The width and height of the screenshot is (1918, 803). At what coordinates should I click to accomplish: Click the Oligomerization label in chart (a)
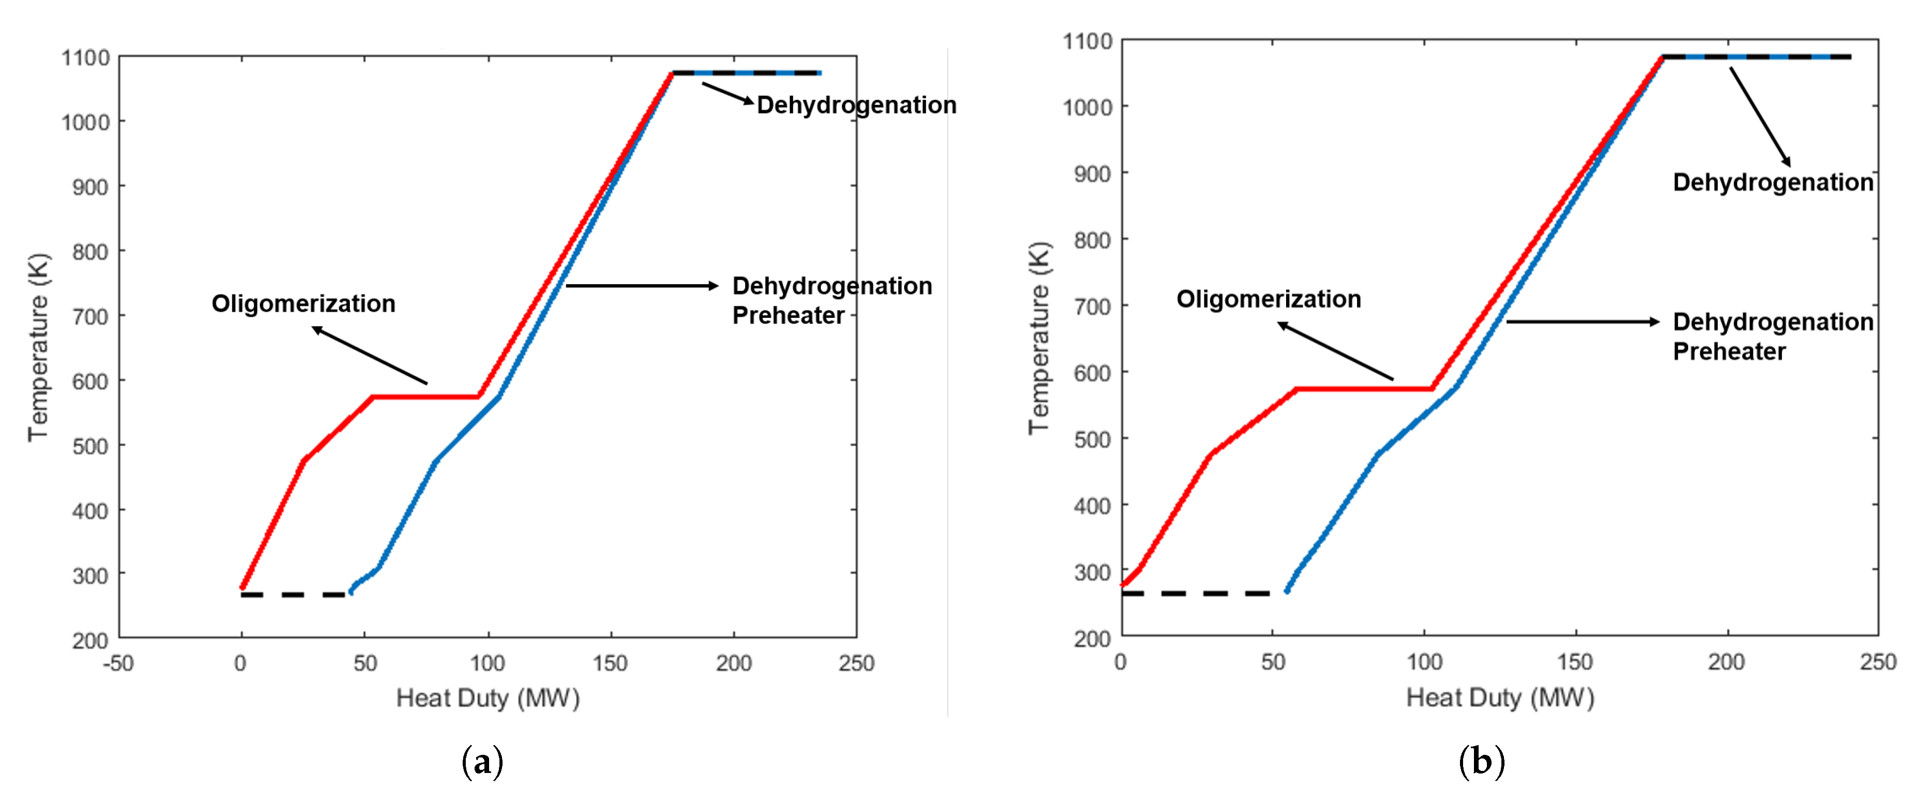[x=303, y=304]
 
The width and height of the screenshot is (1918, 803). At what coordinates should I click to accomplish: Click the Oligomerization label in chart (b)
[x=1268, y=299]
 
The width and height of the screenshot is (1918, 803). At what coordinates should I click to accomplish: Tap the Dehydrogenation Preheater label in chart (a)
[x=831, y=300]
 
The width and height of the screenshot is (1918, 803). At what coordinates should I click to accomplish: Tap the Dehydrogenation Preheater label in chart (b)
[x=1772, y=336]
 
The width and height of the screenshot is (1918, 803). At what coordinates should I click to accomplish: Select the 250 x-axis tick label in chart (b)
[x=1877, y=662]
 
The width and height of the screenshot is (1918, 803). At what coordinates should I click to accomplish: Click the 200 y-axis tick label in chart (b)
[x=1093, y=638]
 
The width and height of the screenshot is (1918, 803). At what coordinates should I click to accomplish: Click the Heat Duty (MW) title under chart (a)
[x=488, y=698]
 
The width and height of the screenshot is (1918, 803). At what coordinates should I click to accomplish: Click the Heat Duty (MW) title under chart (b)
[x=1499, y=698]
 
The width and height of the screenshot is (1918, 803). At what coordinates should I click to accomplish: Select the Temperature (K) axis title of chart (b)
[x=1039, y=338]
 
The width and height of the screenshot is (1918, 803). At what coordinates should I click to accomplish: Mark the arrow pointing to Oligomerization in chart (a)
[x=370, y=355]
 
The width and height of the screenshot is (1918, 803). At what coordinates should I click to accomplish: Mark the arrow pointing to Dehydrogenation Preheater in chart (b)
[x=1582, y=322]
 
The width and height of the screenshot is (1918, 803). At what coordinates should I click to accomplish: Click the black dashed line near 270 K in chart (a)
[x=293, y=594]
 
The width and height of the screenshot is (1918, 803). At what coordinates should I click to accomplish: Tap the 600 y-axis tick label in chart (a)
[x=90, y=382]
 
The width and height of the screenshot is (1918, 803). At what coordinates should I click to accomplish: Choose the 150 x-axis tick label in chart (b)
[x=1575, y=662]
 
